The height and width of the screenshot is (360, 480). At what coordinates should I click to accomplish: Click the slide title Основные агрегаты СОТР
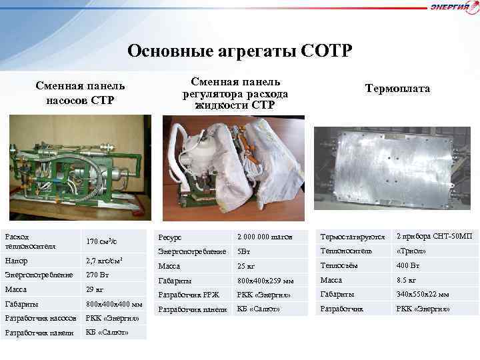[x=239, y=51]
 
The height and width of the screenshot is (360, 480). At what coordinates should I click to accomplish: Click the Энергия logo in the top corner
[x=454, y=7]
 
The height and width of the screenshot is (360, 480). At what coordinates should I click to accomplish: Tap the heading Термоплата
[x=397, y=89]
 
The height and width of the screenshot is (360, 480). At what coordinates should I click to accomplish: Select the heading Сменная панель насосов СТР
[x=80, y=93]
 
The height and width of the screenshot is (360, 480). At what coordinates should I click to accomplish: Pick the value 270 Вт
[x=98, y=274]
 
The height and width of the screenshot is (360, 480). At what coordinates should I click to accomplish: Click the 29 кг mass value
[x=95, y=289]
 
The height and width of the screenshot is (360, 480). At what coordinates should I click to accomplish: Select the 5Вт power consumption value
[x=243, y=251]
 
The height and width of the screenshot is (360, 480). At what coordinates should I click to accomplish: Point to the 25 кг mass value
[x=246, y=266]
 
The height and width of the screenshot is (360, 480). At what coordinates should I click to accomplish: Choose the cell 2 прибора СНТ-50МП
[x=434, y=236]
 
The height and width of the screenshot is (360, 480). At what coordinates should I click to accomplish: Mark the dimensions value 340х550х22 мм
[x=423, y=294]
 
